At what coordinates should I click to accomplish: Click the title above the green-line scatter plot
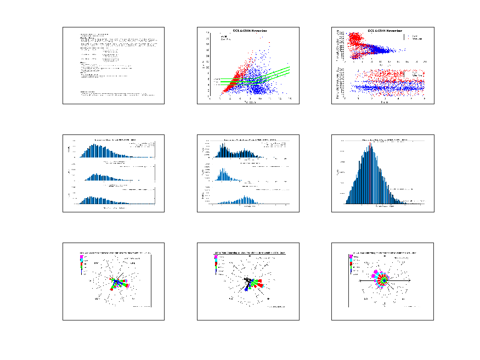[250, 31]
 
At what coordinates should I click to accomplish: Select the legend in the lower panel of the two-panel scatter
[416, 73]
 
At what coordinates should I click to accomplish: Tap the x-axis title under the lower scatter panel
[384, 102]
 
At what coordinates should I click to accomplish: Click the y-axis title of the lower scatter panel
[336, 82]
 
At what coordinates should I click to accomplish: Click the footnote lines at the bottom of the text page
[115, 94]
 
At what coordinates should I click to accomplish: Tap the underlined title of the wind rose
[250, 252]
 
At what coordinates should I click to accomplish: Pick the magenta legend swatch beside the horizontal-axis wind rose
[351, 256]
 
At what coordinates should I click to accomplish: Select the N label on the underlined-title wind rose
[250, 256]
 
